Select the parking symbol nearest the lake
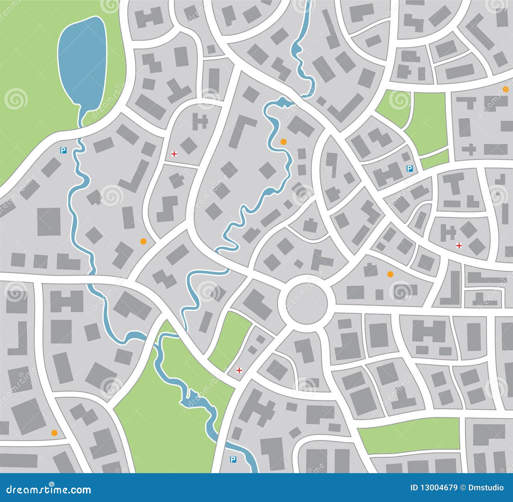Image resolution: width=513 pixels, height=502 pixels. [x=63, y=149]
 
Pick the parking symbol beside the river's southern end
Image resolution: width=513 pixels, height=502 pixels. [x=233, y=460]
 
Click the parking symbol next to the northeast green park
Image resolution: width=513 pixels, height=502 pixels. [x=409, y=168]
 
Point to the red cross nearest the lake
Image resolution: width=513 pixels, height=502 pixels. [x=174, y=154]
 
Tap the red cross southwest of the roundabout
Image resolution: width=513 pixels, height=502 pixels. [x=239, y=370]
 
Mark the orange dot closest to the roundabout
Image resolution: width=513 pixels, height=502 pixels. [x=390, y=274]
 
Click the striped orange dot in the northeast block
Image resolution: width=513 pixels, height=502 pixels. [x=506, y=89]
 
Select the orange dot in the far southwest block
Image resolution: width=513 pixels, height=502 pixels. [x=54, y=433]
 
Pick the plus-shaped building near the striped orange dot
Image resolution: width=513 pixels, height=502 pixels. [x=469, y=150]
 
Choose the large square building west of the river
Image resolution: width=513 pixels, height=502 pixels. [x=49, y=222]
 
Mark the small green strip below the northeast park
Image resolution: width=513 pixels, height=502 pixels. [x=435, y=159]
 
